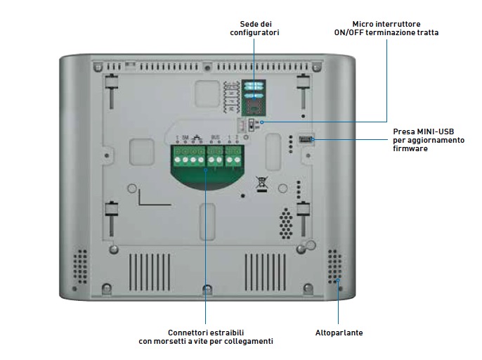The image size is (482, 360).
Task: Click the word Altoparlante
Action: point(339,333)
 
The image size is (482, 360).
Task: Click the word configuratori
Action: point(254,32)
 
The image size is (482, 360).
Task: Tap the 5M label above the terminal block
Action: point(185,138)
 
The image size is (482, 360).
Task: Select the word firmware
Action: point(410,148)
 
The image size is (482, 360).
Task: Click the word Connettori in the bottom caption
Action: point(186,333)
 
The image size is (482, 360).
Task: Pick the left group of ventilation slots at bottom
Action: point(149,271)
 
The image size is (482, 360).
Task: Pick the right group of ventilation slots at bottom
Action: point(265,271)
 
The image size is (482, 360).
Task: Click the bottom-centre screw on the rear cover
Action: point(206,289)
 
